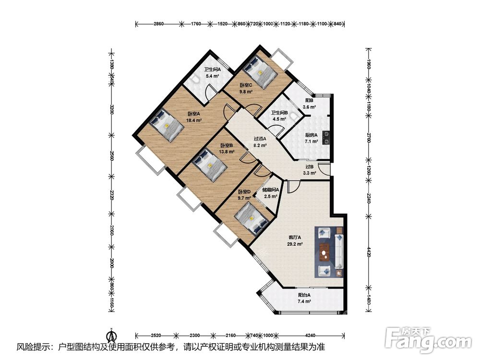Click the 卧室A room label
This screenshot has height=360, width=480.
point(193,114)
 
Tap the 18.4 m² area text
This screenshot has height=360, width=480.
point(193,120)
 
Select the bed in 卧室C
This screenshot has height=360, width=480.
point(261,72)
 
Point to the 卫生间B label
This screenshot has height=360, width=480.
point(279,113)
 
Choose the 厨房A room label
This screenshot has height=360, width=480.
point(311,135)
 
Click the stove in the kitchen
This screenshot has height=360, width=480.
point(326,137)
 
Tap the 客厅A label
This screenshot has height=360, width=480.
point(295,237)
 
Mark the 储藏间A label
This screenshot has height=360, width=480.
point(271,190)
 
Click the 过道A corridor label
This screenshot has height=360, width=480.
point(260,139)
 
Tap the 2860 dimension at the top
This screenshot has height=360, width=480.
point(158,24)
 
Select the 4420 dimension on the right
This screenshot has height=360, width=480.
point(369,251)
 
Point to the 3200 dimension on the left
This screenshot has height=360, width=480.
point(112,109)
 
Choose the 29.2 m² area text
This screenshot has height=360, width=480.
point(295,244)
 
